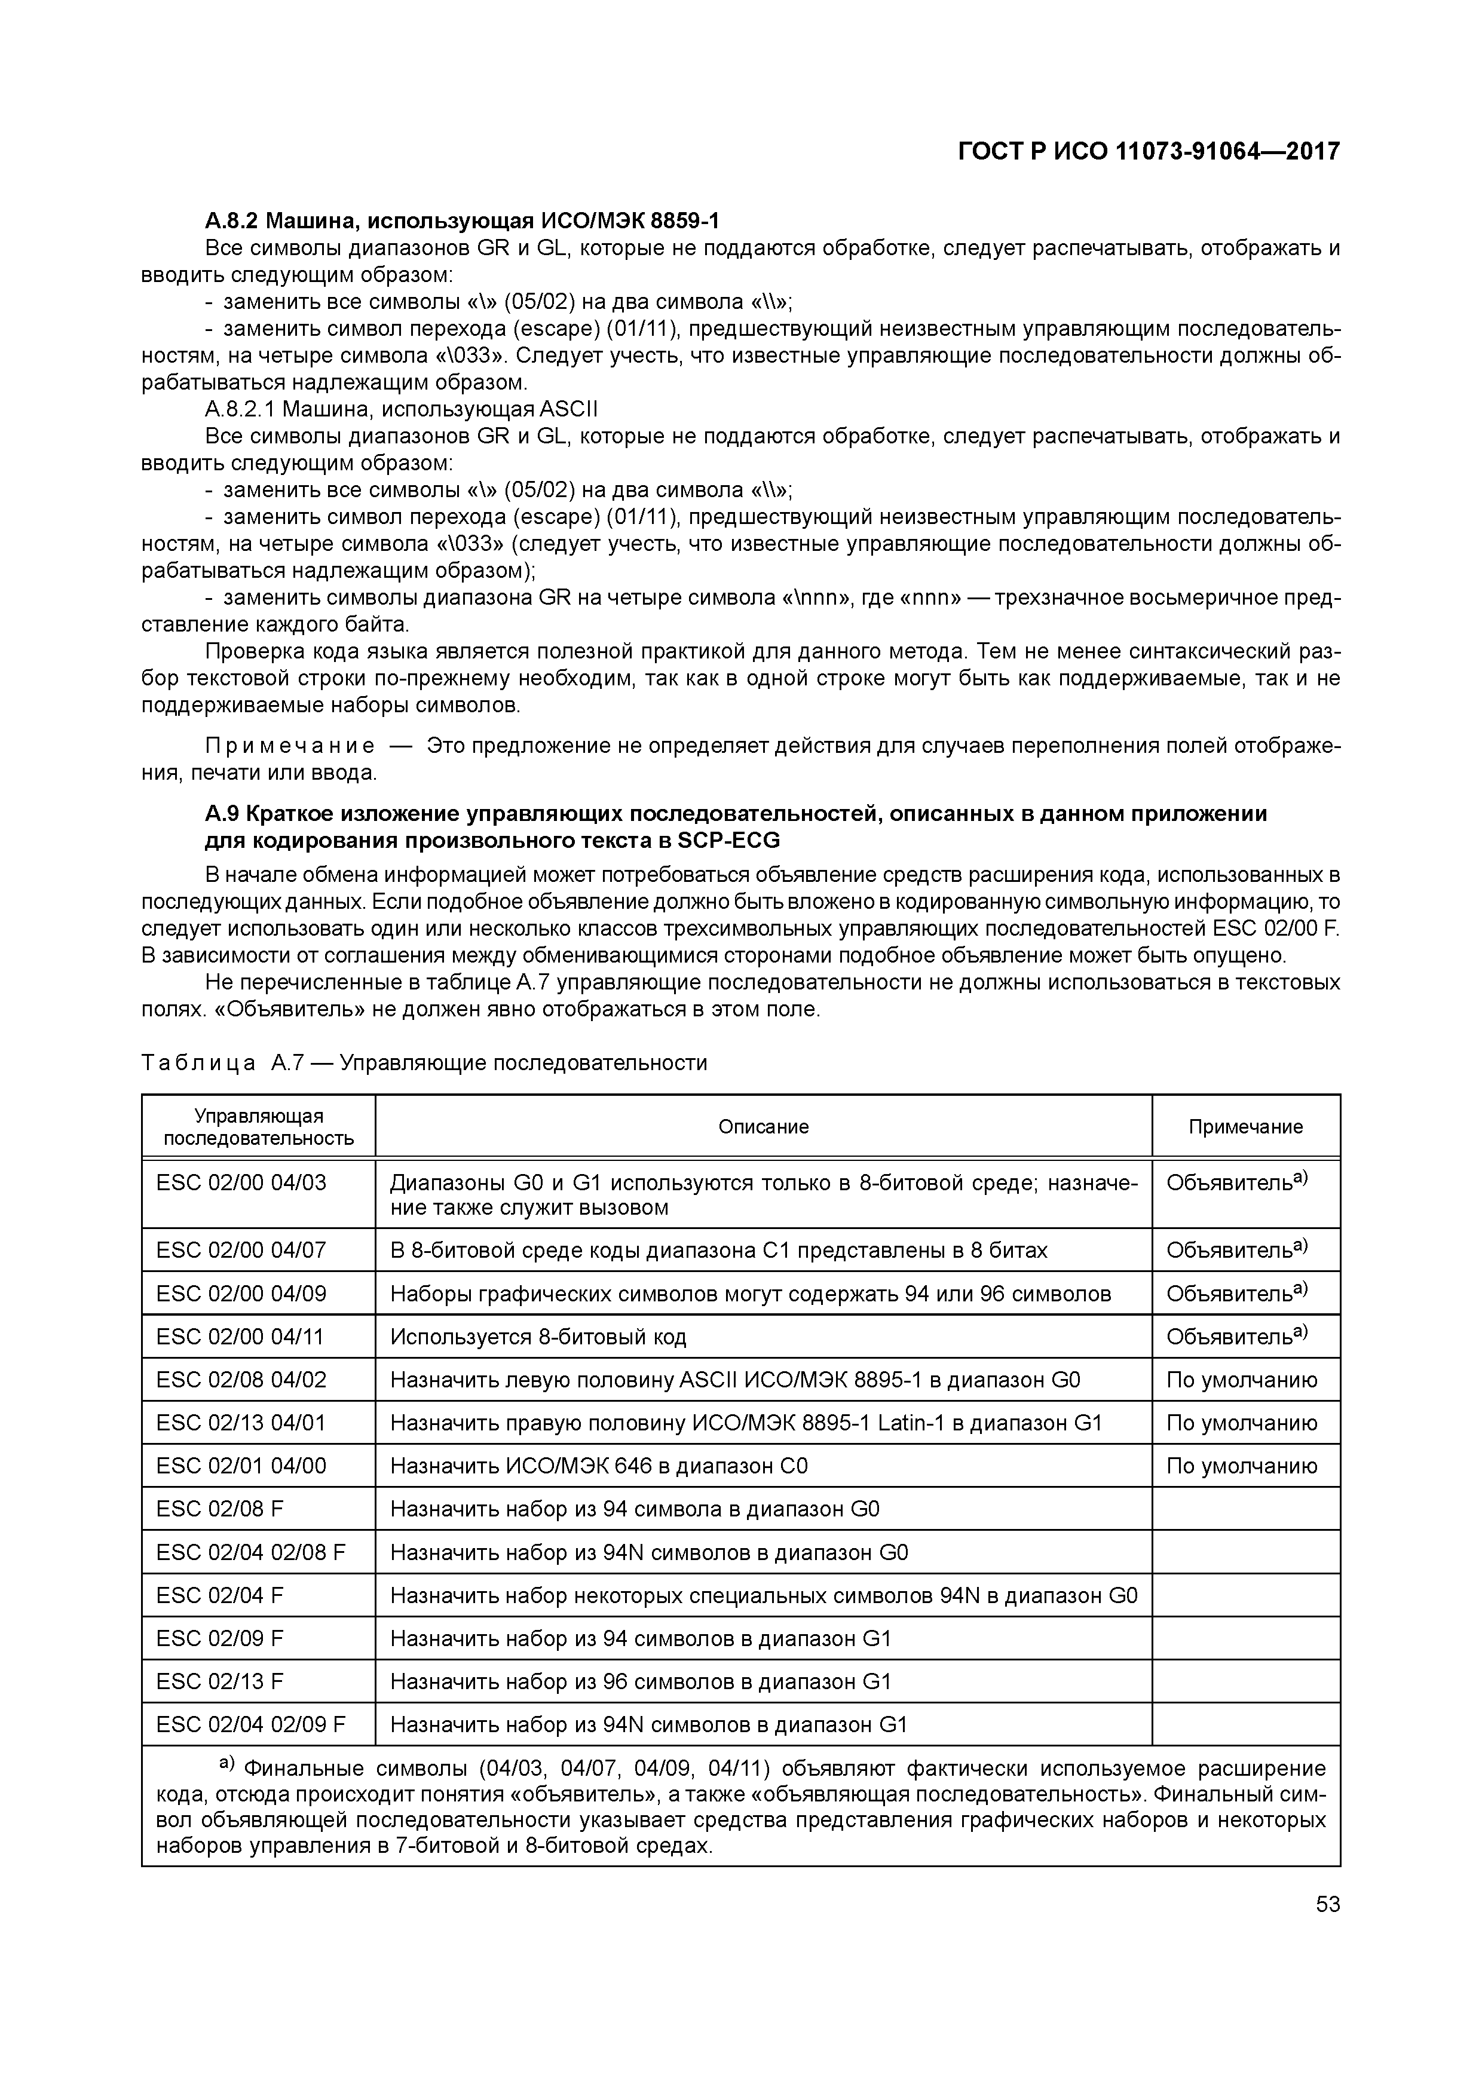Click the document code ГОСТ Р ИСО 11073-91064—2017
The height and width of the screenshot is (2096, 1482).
1148,152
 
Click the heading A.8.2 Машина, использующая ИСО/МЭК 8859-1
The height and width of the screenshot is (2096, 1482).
462,221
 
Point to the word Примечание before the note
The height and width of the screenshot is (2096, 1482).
289,746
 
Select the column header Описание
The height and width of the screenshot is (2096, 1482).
763,1126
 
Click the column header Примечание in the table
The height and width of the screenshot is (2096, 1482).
1245,1126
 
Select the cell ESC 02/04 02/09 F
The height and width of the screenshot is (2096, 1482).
251,1724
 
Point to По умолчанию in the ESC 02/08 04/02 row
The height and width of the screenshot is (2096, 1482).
1241,1380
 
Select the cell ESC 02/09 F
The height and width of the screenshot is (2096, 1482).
220,1639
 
